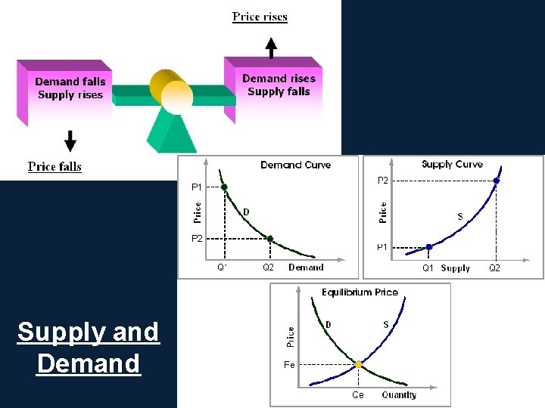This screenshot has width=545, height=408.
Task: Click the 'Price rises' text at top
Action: (x=260, y=17)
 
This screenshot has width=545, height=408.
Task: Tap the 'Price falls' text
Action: (x=54, y=166)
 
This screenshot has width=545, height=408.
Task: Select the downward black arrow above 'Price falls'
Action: (x=70, y=141)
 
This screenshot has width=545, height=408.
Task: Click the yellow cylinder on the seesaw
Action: (x=171, y=91)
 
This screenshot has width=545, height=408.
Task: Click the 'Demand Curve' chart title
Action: (x=295, y=165)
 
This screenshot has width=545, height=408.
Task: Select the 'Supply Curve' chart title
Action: (x=452, y=164)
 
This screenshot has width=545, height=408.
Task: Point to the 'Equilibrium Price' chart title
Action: (x=360, y=292)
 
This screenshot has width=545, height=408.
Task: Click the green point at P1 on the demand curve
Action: (x=224, y=187)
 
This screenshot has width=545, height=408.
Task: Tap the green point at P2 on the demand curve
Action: (x=269, y=239)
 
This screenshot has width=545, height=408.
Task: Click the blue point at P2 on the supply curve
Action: (x=496, y=181)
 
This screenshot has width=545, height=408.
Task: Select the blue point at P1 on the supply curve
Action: (x=428, y=247)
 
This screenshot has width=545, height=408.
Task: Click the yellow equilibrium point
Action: (x=359, y=364)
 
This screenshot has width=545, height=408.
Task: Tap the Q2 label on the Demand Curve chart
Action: (x=268, y=267)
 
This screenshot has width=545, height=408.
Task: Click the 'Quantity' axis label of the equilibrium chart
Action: (x=399, y=395)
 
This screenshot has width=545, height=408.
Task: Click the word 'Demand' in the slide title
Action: (x=89, y=363)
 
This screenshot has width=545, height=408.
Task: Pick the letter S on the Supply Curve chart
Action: (x=460, y=217)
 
